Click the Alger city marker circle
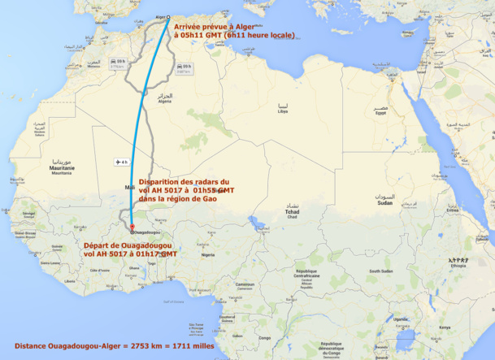coord(169,17)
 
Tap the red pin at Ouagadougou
coord(132,226)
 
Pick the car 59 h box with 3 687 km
coord(183,68)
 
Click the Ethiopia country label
coord(460,265)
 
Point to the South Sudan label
coord(380,271)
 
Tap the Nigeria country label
coord(208,254)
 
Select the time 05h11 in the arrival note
coord(191,35)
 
